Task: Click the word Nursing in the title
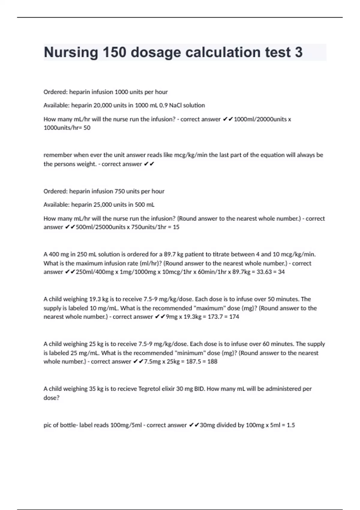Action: [x=71, y=52]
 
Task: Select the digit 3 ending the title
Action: [x=298, y=52]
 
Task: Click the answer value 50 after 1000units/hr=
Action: [x=87, y=128]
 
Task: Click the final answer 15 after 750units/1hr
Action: [x=176, y=227]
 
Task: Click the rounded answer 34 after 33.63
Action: [x=281, y=272]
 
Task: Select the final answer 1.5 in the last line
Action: [x=291, y=425]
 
